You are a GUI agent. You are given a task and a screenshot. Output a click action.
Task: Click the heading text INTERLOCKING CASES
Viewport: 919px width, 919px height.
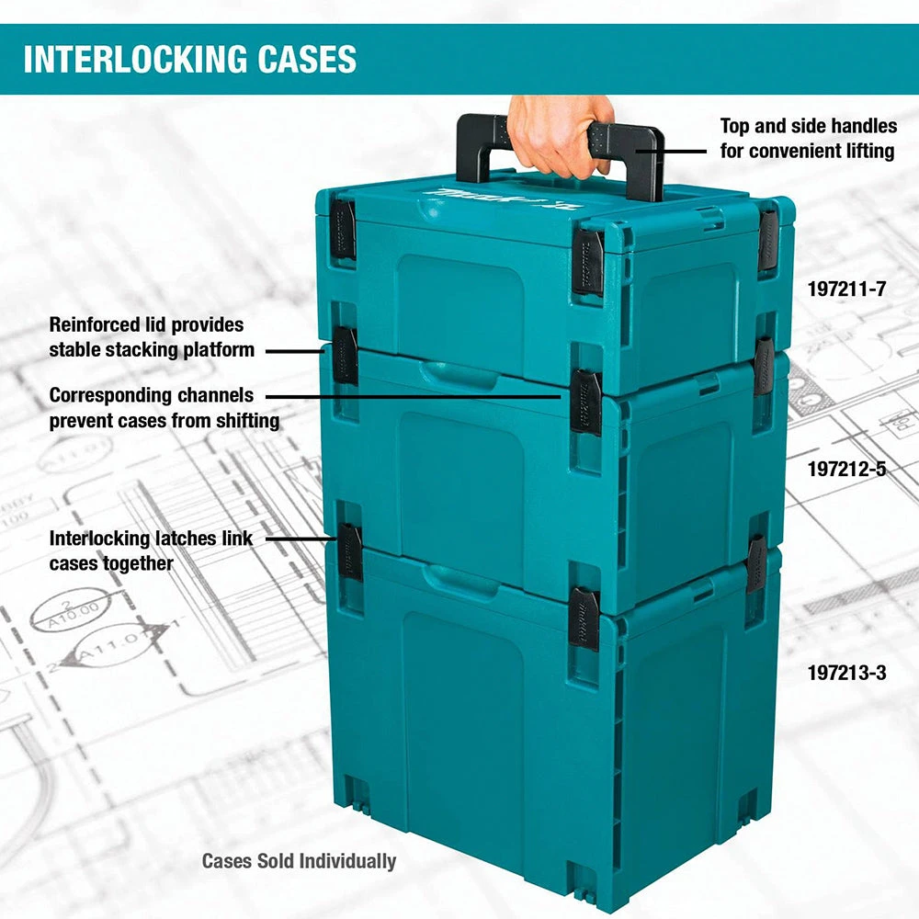click(189, 59)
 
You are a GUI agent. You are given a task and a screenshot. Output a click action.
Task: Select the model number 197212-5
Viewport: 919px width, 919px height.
click(846, 470)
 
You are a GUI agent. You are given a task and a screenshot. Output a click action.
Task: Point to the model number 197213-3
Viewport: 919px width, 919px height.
click(846, 673)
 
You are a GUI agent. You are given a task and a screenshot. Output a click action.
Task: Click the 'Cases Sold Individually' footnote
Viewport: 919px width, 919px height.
click(299, 861)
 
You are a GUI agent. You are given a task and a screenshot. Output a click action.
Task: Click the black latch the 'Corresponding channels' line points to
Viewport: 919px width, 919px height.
click(585, 401)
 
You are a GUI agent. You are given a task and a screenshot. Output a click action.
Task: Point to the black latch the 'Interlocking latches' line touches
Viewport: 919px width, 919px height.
click(350, 550)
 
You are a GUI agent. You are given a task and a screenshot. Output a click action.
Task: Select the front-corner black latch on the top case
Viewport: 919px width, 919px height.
click(588, 262)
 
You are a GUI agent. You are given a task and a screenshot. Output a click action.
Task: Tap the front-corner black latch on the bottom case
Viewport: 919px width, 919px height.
click(584, 618)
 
